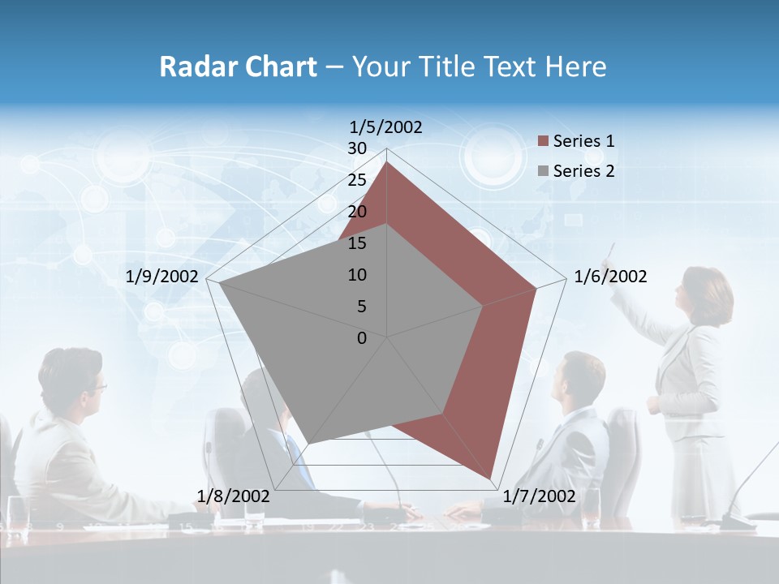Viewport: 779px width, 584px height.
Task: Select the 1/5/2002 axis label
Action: (385, 127)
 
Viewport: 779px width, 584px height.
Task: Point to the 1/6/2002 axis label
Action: (610, 277)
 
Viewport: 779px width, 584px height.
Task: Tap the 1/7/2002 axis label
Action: (539, 496)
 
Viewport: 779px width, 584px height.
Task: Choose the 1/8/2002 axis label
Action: (234, 496)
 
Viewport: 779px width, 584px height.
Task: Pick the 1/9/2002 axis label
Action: (162, 277)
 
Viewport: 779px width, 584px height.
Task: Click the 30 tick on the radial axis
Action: (357, 148)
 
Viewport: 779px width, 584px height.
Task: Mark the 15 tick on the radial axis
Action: (357, 243)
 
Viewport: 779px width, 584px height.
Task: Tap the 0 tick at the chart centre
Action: (362, 338)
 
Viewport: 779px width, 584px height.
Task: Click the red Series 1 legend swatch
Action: (544, 141)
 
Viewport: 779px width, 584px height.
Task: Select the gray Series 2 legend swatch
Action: (544, 171)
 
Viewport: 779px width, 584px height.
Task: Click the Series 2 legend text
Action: (583, 171)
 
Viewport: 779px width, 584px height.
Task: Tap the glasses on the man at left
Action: (97, 386)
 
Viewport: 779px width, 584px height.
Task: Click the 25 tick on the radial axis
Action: (357, 180)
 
